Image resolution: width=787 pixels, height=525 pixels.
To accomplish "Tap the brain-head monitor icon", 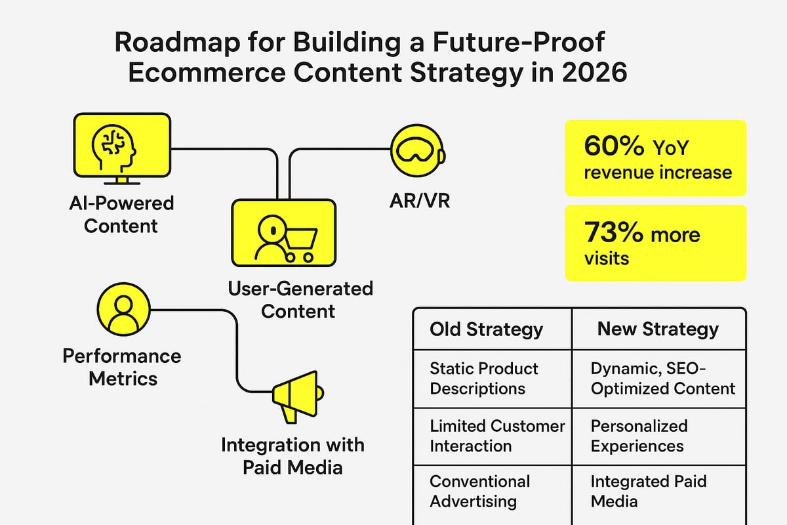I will point(122,148).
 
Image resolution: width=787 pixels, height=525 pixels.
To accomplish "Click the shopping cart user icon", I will point(283,233).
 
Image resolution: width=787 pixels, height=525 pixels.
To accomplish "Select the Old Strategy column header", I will point(486,329).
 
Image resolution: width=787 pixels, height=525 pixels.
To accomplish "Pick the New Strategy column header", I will point(657,329).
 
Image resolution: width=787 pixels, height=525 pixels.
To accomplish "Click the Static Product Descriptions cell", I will point(484,379).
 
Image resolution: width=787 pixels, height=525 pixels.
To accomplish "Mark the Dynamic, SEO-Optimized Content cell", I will point(662,379).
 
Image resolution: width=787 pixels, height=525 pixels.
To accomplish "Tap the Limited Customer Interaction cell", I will point(496,436).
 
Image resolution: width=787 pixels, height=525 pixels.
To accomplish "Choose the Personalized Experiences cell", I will point(639,436).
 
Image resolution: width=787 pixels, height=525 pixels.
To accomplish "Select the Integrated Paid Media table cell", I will point(648,491).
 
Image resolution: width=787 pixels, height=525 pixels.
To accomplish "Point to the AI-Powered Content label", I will point(121,215).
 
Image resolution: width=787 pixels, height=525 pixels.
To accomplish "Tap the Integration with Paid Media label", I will point(292,456).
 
